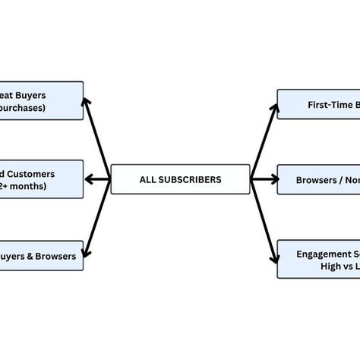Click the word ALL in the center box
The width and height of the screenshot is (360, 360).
click(x=149, y=180)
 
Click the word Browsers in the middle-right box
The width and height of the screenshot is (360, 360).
click(x=313, y=181)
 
